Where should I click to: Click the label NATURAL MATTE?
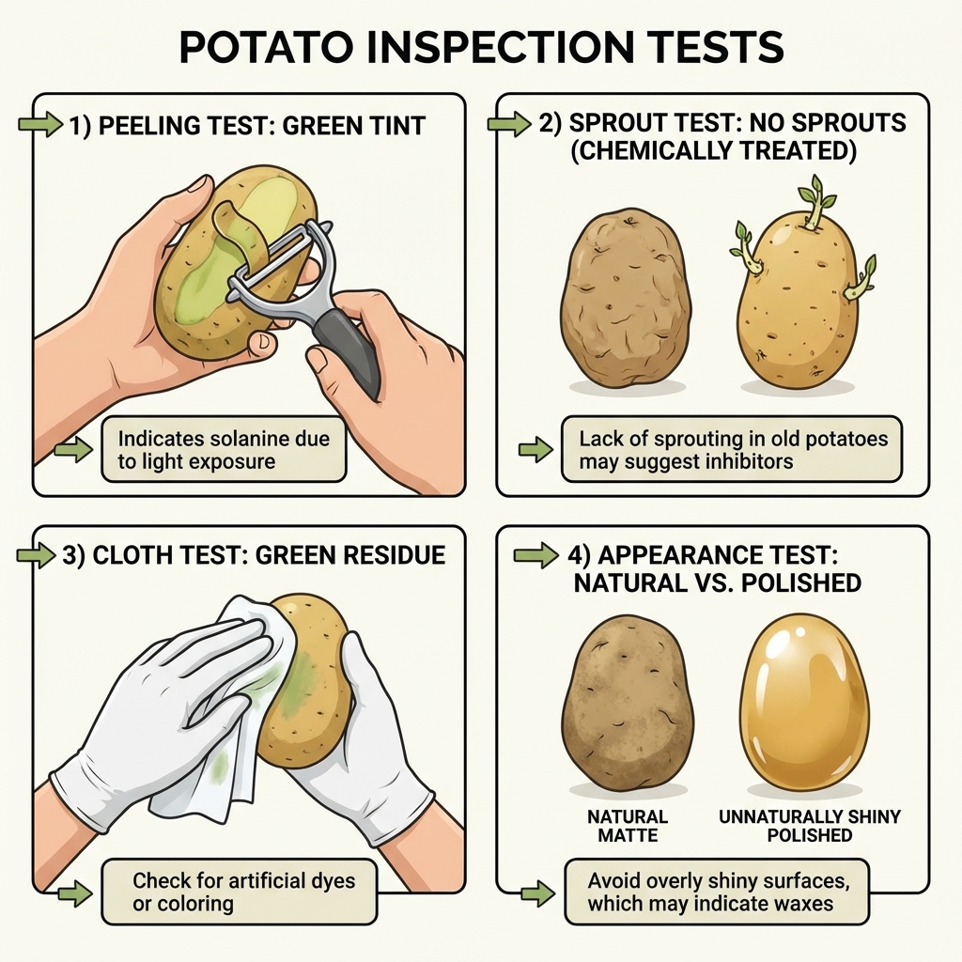[628, 826]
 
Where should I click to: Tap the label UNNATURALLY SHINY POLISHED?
[809, 826]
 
